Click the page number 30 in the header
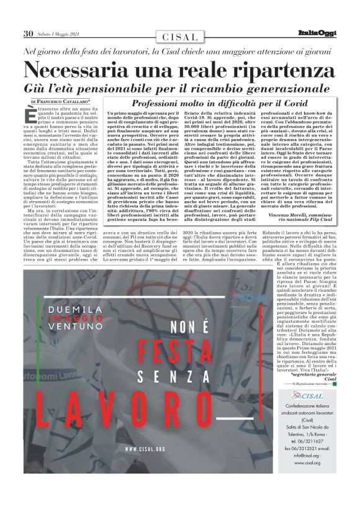click(28, 33)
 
